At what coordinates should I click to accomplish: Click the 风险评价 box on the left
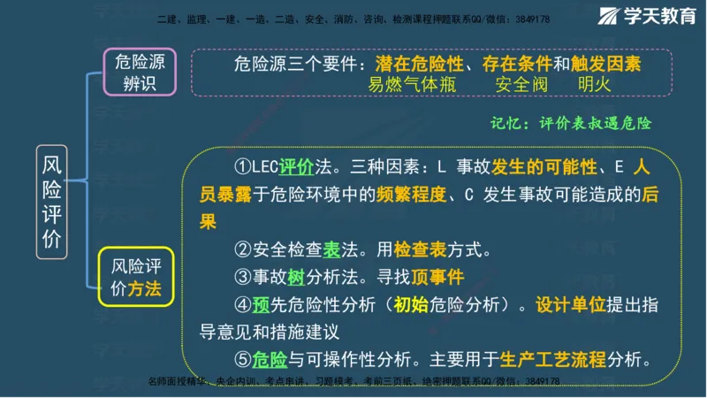point(52,202)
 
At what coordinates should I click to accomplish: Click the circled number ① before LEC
point(242,168)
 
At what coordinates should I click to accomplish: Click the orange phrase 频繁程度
point(414,195)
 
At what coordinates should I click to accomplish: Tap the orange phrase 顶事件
point(435,277)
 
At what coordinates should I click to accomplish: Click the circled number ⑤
point(242,360)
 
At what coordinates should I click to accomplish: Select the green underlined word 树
point(296,277)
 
